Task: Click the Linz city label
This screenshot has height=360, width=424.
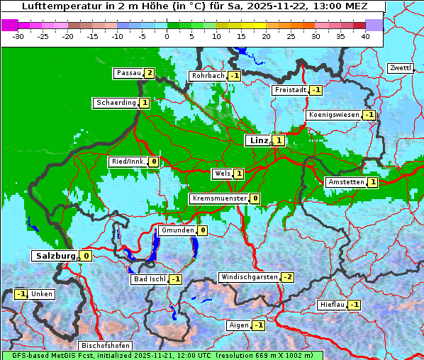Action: pos(259,140)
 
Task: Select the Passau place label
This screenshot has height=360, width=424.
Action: pos(129,73)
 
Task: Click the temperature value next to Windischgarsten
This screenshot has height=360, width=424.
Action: pos(287,277)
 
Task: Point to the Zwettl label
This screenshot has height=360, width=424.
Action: pos(400,68)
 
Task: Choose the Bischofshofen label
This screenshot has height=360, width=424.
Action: pos(105,346)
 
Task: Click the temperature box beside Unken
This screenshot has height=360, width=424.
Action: pos(21,294)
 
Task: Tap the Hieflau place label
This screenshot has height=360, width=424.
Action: pos(333,305)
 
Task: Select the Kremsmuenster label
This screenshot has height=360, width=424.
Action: pos(219,198)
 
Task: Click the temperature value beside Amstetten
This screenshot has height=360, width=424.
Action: pos(373,182)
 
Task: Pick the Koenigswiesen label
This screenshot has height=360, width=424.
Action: pos(334,115)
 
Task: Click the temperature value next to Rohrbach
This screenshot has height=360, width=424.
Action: pos(235,76)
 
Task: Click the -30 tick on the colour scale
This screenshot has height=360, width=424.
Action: pos(18,35)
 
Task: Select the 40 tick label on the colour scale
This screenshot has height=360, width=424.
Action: pos(365,35)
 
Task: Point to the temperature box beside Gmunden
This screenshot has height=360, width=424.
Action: pos(202,230)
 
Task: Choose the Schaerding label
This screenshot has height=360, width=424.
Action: pos(116,103)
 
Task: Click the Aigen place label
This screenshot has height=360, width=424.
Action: pos(239,325)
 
